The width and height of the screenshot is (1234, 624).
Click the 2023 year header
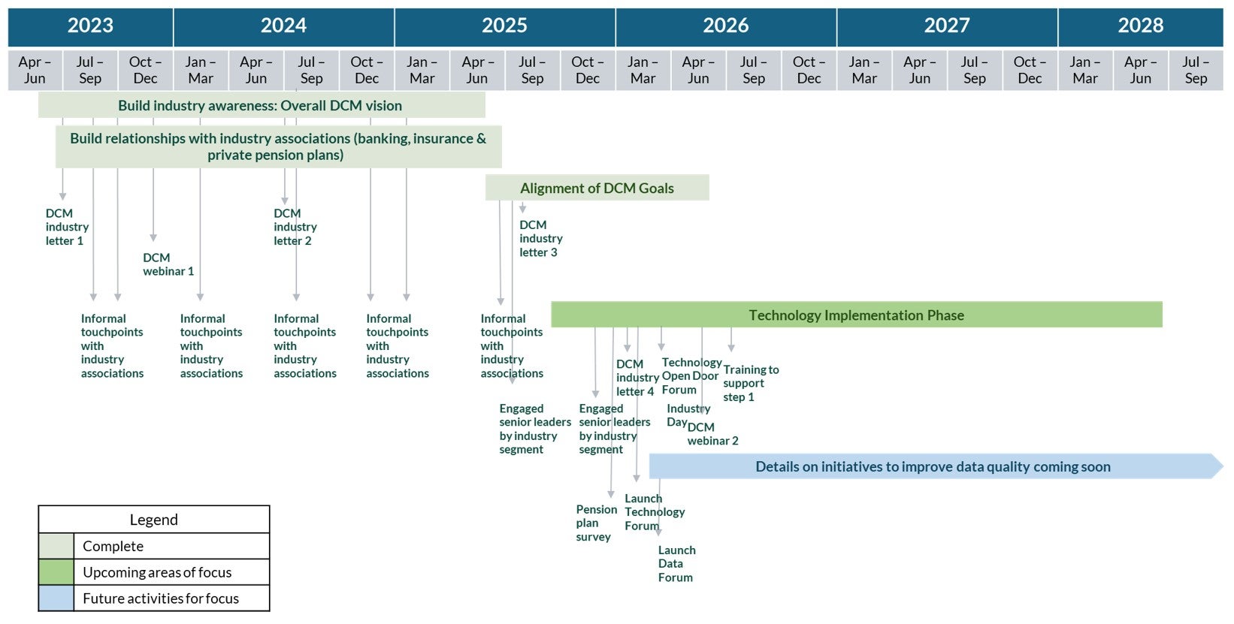point(90,26)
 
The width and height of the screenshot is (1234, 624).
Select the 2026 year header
point(725,26)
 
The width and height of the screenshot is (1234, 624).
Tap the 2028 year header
point(1140,26)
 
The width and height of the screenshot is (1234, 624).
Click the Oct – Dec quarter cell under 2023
point(145,70)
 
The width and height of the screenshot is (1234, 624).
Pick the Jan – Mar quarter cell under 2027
point(864,70)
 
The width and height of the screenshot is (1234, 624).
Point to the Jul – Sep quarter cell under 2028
point(1195,70)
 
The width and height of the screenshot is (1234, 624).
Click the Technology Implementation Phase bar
point(856,315)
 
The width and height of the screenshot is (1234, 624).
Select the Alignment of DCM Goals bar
point(597,188)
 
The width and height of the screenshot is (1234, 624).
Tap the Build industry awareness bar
point(260,106)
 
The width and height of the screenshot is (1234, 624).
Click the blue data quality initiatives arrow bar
point(933,467)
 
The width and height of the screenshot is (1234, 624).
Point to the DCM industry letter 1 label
point(65,227)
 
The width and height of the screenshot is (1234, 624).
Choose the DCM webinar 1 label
point(168,264)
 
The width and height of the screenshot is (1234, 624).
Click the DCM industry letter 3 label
point(540,239)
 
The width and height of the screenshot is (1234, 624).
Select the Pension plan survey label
point(595,523)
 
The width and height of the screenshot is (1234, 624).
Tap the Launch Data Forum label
point(676,564)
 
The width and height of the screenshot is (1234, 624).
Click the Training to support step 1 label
point(749,383)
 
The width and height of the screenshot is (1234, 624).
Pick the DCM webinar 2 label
point(712,435)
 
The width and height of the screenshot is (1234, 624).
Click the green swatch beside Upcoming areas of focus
point(56,572)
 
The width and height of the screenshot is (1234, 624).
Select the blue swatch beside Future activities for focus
point(56,598)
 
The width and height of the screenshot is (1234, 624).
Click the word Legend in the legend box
point(153,520)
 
